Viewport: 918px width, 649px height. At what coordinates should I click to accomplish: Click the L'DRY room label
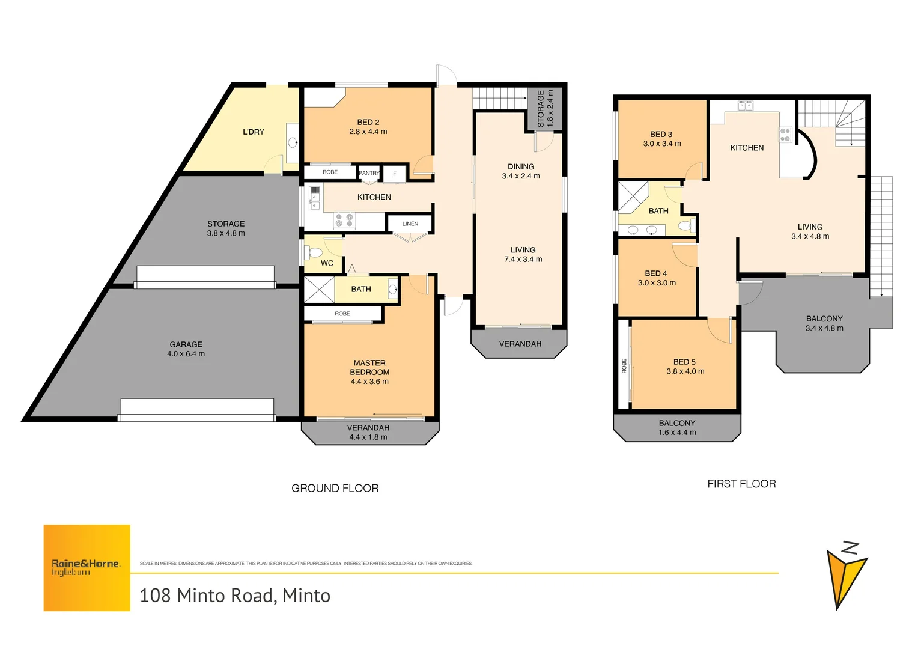[253, 132]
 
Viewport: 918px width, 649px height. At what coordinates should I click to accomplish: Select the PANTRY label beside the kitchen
[369, 173]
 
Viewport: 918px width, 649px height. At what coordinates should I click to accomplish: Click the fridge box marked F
[395, 174]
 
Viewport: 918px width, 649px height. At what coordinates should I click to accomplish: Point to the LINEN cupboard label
[410, 224]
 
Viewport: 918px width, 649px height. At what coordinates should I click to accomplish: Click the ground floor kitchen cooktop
[344, 221]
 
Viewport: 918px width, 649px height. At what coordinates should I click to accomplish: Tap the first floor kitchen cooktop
[785, 135]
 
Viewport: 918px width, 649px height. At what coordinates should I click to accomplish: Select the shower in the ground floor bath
[319, 289]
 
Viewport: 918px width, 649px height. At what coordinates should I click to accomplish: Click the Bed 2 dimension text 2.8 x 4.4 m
[368, 132]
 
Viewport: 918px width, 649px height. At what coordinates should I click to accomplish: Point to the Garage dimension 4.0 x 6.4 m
[186, 354]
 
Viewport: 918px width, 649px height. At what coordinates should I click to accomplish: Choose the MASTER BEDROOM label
[369, 367]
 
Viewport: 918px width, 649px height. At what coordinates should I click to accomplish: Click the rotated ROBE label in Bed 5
[624, 366]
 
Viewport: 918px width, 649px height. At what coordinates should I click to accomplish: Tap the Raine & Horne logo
[87, 567]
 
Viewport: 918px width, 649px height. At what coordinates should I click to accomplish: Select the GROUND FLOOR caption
[335, 489]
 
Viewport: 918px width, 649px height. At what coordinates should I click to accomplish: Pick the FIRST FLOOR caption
[741, 484]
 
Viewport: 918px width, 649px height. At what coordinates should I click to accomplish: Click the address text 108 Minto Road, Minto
[235, 596]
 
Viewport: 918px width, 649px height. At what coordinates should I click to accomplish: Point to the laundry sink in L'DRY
[293, 142]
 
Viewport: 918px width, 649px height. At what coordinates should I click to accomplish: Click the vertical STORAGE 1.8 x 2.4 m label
[545, 108]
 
